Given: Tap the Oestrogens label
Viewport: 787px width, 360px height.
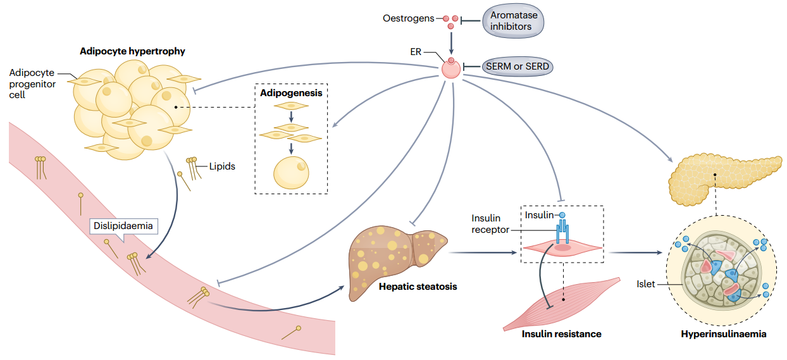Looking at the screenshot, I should [409, 18].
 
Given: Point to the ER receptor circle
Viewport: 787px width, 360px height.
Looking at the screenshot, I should [451, 69].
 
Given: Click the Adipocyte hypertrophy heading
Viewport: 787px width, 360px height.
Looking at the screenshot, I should [132, 51].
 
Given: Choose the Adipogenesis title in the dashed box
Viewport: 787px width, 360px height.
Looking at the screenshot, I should [291, 92].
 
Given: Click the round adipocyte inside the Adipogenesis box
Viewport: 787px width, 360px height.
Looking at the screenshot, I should [291, 171].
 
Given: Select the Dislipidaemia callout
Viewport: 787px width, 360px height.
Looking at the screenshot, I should [123, 225].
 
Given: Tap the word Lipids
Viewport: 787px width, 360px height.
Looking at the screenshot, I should [222, 167].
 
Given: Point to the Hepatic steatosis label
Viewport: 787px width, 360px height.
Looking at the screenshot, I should [418, 287].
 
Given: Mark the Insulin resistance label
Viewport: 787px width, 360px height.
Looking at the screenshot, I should [561, 333].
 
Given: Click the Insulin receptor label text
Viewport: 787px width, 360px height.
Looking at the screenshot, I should [490, 224].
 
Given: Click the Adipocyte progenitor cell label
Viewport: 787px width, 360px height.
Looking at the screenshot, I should [32, 84].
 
